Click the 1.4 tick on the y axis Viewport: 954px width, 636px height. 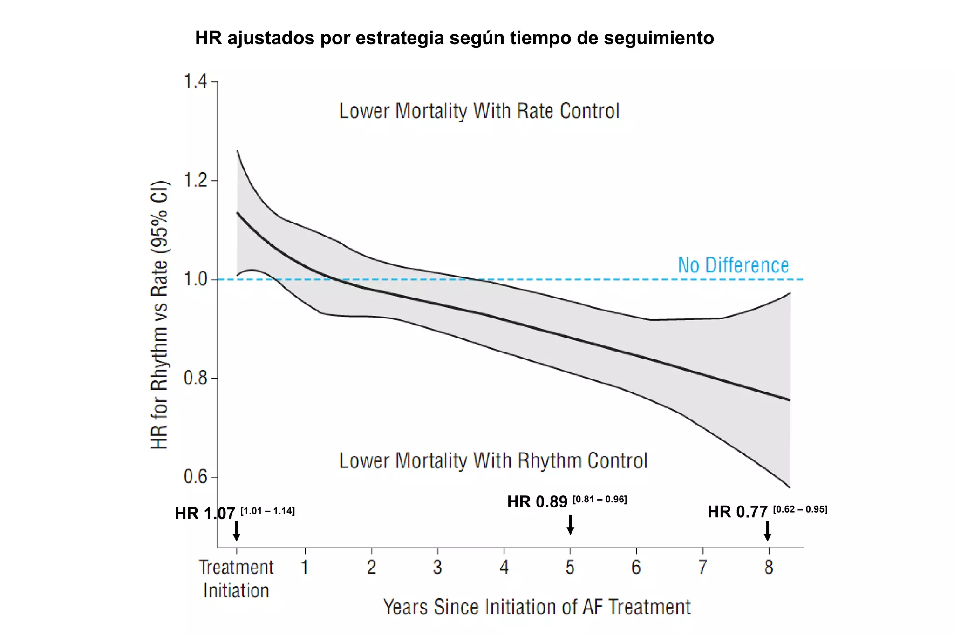coord(195,81)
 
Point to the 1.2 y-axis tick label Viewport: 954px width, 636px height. coord(195,180)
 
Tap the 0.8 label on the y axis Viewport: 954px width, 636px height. coord(195,378)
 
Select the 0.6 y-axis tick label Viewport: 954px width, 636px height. coord(195,477)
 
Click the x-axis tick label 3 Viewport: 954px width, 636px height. coord(437,568)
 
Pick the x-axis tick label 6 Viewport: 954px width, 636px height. coord(636,568)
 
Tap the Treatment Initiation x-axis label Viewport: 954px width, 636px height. coord(236,579)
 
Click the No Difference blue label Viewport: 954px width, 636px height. coord(733,265)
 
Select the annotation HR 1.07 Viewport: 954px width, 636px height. coord(205,514)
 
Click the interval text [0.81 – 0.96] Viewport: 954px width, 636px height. coord(600,500)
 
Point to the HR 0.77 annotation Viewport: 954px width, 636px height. coord(737,512)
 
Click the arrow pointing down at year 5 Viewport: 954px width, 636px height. coord(570,525)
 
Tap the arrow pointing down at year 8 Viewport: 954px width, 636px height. coord(768,531)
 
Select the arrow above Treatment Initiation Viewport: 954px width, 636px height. coord(237,531)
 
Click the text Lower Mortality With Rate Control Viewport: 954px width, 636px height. coord(479,111)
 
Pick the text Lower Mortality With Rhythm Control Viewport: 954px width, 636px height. coord(493,461)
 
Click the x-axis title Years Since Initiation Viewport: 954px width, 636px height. coord(537,607)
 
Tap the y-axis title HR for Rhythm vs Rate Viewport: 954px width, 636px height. coord(160,314)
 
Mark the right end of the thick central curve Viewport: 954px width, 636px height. coord(789,400)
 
